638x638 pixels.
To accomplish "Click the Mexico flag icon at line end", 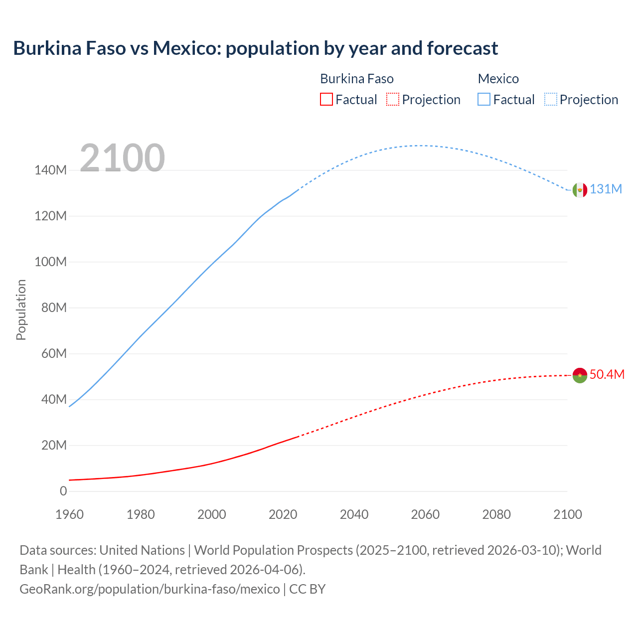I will (580, 190).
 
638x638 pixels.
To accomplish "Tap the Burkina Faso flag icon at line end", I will (580, 375).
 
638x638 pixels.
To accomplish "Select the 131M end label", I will (606, 189).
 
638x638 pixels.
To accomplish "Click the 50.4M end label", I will (607, 375).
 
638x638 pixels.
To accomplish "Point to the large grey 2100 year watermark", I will (122, 158).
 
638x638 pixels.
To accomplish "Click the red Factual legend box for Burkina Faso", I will (326, 99).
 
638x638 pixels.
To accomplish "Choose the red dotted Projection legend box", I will (393, 99).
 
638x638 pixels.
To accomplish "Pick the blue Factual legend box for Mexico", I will (483, 99).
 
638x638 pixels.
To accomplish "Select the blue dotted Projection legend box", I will (550, 99).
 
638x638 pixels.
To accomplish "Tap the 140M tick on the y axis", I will (50, 170).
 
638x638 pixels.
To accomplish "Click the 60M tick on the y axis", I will (53, 354).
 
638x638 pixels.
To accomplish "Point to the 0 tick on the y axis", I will (63, 491).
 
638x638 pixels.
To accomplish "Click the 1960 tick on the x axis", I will (69, 514).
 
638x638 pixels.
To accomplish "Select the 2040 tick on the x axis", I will (354, 514).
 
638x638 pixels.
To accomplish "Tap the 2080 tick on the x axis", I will (496, 514).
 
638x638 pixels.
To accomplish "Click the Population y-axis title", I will (21, 310).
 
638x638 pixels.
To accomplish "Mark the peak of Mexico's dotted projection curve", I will (419, 146).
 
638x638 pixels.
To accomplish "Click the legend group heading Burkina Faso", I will (356, 79).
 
